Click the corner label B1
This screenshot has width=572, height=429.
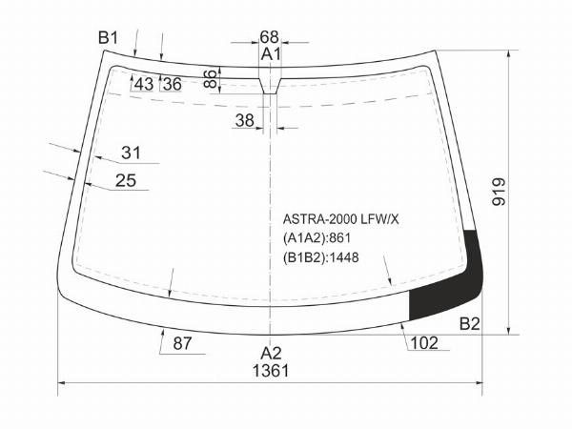(109, 38)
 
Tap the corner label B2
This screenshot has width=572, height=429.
(469, 323)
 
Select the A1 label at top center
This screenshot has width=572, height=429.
(271, 54)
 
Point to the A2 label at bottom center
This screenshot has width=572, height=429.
(271, 353)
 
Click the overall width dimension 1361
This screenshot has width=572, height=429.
(271, 371)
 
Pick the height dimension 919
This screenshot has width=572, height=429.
(499, 192)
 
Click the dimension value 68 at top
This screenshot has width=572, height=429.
(269, 37)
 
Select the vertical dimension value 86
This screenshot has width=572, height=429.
(211, 79)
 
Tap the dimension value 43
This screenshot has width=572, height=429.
(144, 84)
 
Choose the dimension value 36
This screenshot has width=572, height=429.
(173, 84)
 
